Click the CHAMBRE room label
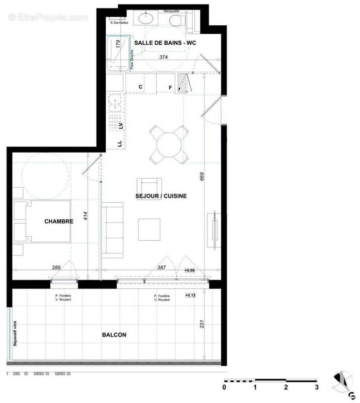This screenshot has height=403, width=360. tap(59, 221)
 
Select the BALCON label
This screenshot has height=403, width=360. tap(114, 334)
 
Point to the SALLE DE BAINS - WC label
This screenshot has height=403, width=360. tap(164, 44)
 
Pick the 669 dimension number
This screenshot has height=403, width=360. tap(201, 176)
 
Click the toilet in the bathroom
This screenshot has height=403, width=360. tap(176, 20)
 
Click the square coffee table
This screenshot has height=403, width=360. tap(150, 229)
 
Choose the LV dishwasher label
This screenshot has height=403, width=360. tap(120, 126)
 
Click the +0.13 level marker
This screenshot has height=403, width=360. tap(190, 295)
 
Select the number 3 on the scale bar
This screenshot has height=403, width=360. tap(317, 387)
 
